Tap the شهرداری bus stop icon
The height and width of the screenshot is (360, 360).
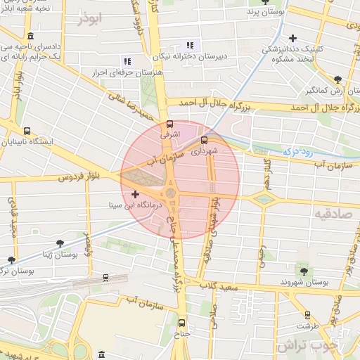tap(204, 139)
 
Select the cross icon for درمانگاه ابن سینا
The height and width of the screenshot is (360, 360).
tap(136, 193)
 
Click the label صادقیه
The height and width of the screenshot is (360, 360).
tap(331, 212)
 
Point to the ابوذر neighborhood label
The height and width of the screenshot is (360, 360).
tap(96, 19)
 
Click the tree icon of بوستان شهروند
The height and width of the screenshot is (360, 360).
tap(304, 271)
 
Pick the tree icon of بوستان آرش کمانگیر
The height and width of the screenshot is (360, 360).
tap(338, 79)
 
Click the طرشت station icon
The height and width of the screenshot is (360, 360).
tap(307, 315)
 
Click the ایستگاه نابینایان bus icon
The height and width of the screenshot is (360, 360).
tap(27, 131)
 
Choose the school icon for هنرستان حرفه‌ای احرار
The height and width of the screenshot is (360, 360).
tap(127, 61)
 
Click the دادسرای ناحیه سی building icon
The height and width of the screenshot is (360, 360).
tap(30, 36)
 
